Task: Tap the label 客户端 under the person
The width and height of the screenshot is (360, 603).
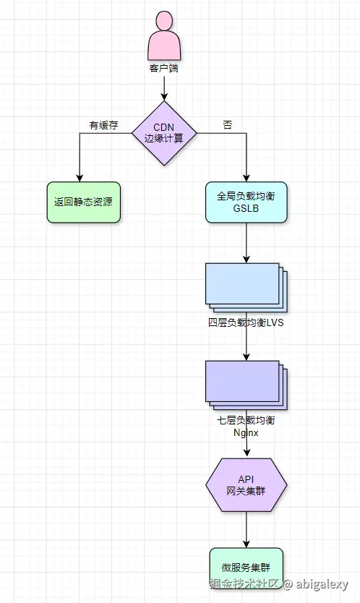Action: (164, 69)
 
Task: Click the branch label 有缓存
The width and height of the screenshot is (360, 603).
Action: (103, 125)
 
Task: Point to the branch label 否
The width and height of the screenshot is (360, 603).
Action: (228, 125)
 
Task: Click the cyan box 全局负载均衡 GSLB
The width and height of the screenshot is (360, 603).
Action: (247, 202)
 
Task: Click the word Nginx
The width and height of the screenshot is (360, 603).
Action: (247, 432)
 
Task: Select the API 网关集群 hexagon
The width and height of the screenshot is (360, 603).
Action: (247, 485)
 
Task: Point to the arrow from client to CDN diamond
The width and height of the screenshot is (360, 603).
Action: (164, 87)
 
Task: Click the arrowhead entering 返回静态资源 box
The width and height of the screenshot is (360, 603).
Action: (80, 176)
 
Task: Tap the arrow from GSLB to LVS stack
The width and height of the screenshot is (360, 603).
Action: (247, 242)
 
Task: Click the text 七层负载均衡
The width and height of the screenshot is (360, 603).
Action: (247, 420)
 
